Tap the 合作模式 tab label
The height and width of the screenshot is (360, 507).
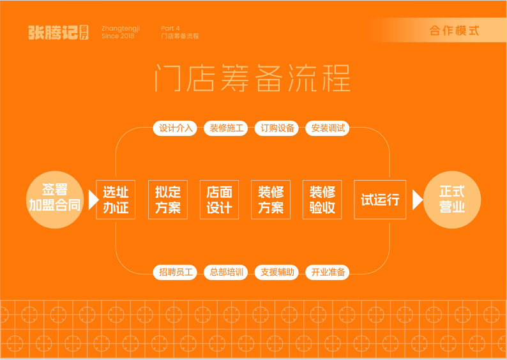[454, 31]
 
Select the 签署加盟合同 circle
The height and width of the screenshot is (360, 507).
[54, 199]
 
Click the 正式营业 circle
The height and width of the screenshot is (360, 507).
[452, 199]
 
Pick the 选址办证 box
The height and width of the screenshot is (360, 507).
[116, 200]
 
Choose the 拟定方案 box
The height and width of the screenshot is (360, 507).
[167, 200]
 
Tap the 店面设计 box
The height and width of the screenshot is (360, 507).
[219, 200]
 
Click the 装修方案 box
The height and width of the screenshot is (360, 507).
[271, 200]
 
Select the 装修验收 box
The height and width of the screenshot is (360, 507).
[322, 200]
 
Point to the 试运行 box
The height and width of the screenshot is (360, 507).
[380, 200]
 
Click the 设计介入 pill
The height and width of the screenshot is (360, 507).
[176, 128]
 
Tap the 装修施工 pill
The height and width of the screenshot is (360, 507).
[227, 128]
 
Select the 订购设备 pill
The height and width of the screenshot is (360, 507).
[278, 128]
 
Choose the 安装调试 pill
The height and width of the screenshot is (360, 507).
[328, 128]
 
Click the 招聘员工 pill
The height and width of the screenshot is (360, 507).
[176, 273]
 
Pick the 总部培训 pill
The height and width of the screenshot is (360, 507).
[227, 273]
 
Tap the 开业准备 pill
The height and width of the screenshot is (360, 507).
[328, 273]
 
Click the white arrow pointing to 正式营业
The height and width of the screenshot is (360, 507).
[418, 200]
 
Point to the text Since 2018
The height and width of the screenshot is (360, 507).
[118, 36]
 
